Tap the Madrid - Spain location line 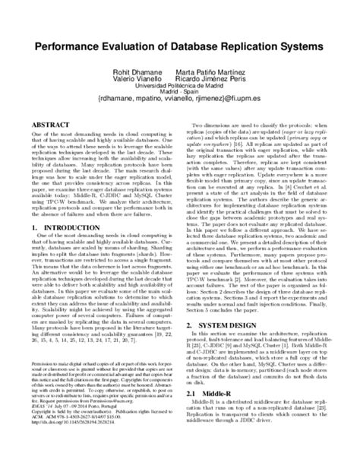(x=180, y=97)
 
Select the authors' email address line (x=180, y=106)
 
